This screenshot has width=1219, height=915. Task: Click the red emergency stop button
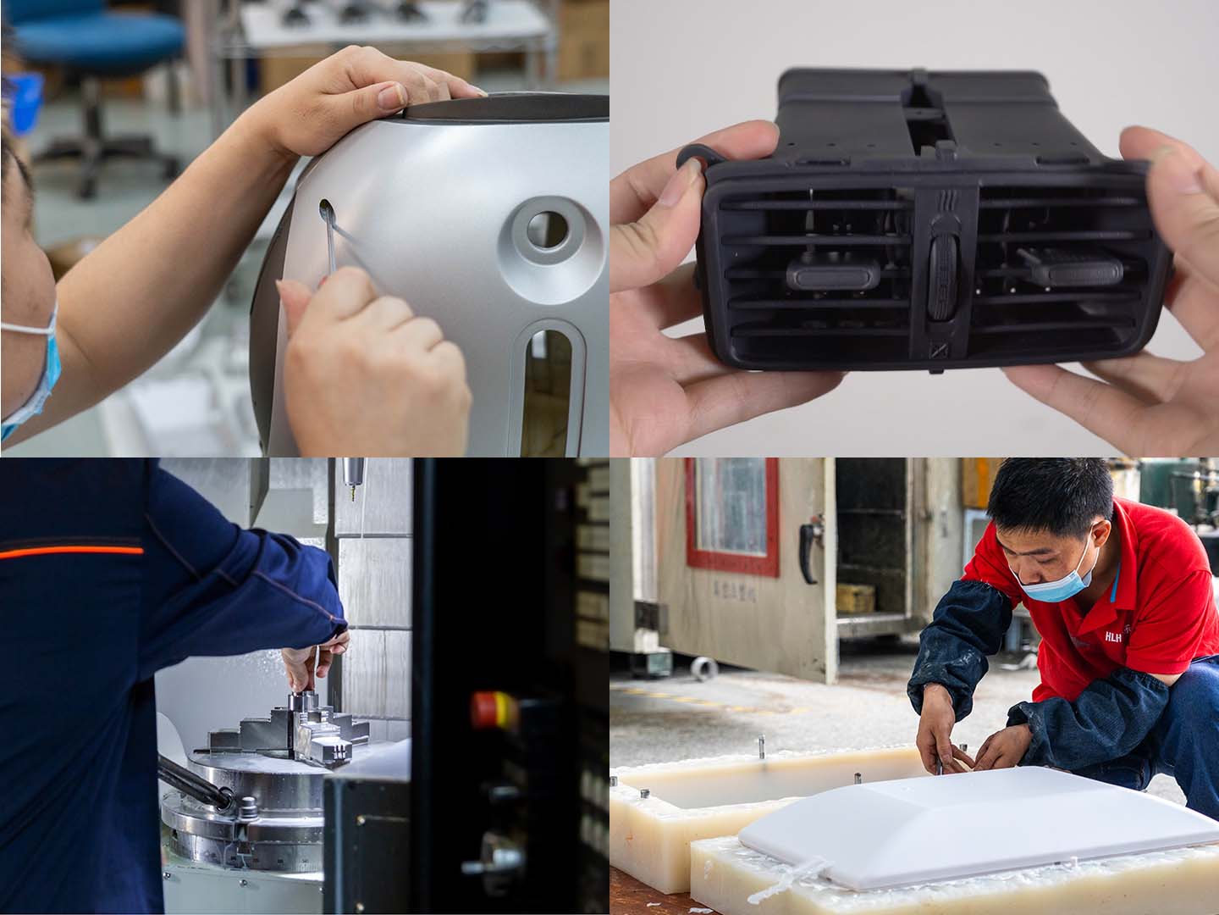coord(492,708)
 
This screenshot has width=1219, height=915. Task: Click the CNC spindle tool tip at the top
coord(350,492)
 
